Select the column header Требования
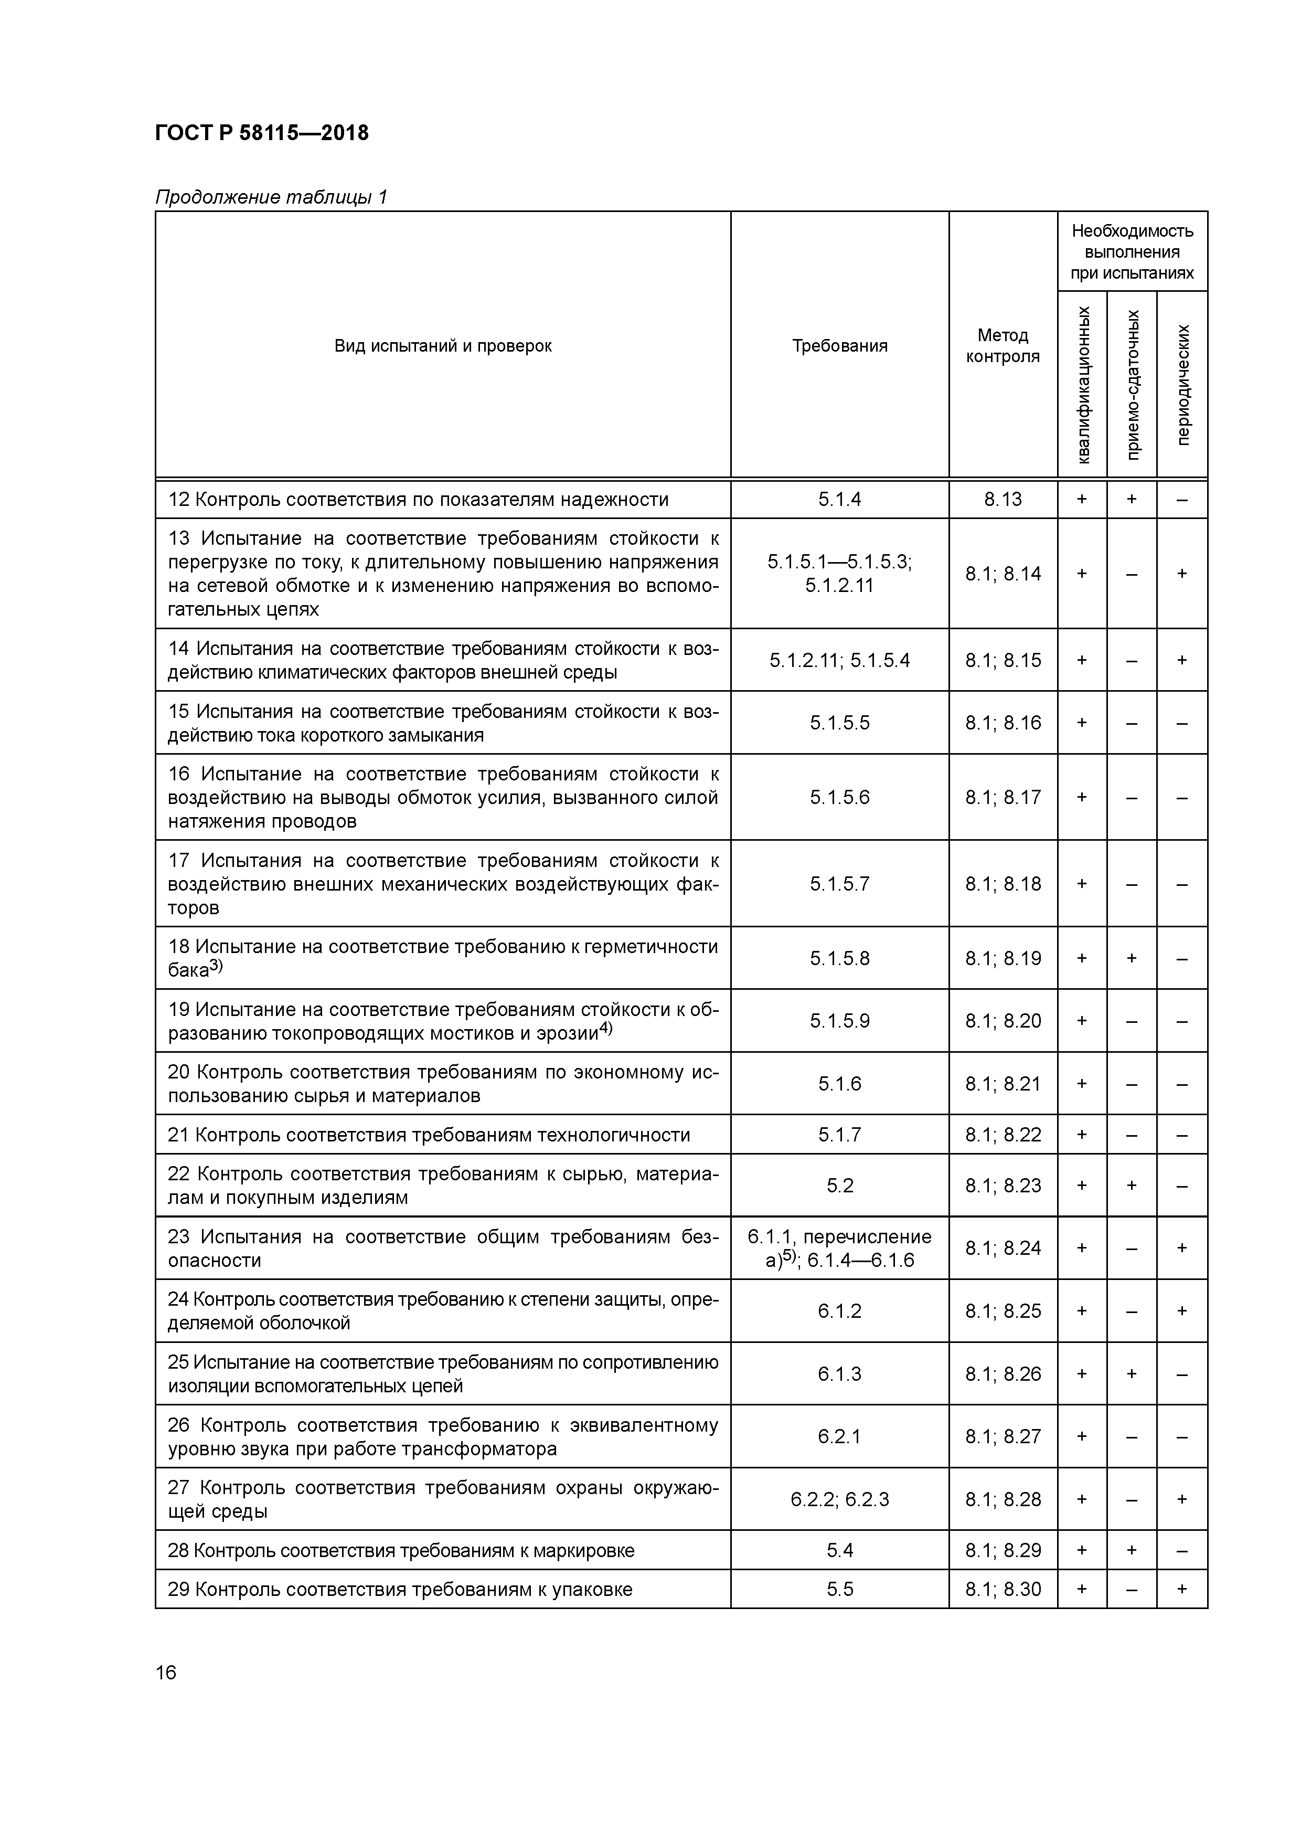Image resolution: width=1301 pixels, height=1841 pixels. (x=839, y=346)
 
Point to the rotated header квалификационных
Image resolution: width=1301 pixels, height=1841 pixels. (x=1082, y=384)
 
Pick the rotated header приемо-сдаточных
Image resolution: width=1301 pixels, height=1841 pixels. (x=1132, y=384)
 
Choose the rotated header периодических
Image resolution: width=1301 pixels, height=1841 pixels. (x=1182, y=384)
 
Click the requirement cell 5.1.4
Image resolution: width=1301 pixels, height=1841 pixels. (x=839, y=500)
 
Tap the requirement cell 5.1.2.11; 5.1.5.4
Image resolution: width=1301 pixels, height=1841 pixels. (x=839, y=660)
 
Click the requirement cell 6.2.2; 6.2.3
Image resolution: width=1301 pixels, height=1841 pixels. (x=839, y=1499)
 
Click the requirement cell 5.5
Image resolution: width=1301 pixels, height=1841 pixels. (x=839, y=1589)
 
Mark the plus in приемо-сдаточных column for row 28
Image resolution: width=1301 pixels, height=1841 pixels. (x=1132, y=1550)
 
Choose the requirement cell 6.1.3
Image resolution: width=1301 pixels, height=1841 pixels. (x=839, y=1373)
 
